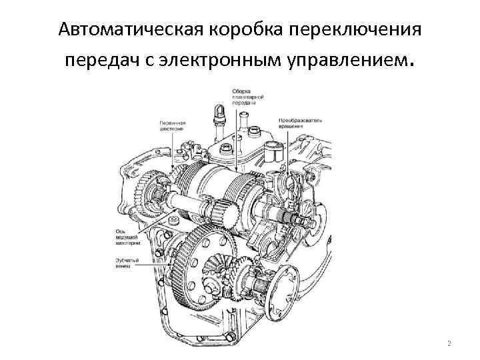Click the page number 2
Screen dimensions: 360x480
[449, 343]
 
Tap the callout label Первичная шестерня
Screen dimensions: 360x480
[172, 126]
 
